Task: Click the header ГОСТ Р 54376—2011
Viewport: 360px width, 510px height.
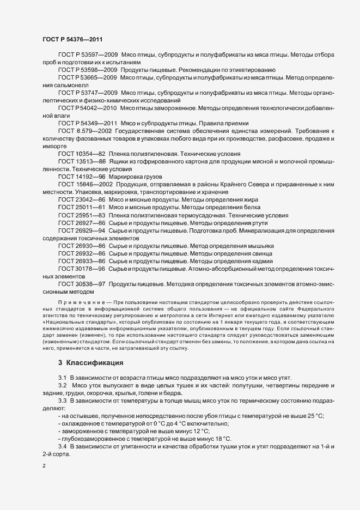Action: [x=72, y=39]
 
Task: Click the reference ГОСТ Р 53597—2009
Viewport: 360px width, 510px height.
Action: [x=87, y=55]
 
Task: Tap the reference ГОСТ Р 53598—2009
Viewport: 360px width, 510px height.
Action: [x=87, y=70]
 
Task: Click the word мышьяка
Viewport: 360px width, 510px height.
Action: [x=260, y=246]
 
